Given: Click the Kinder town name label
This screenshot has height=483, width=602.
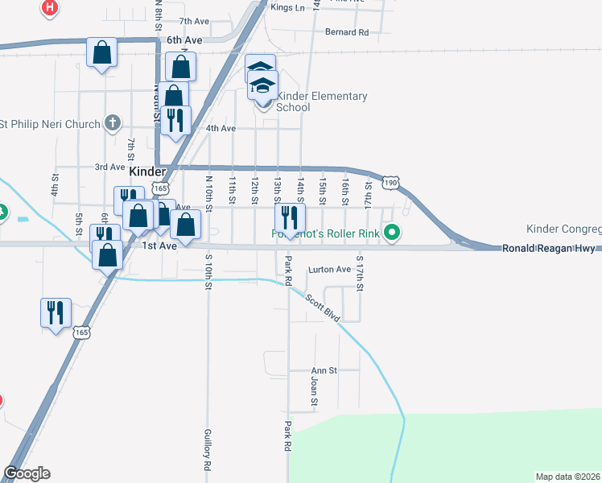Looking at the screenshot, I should (x=147, y=171).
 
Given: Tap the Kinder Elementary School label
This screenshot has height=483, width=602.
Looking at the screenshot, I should (x=321, y=101).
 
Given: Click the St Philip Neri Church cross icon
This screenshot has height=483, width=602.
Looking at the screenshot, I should (x=113, y=124).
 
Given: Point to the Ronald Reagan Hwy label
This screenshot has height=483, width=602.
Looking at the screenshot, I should (x=548, y=249).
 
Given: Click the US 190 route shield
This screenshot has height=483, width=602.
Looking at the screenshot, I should (x=390, y=184).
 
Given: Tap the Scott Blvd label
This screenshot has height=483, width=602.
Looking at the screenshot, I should (x=321, y=307).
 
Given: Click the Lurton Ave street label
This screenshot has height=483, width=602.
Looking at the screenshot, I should (x=331, y=270).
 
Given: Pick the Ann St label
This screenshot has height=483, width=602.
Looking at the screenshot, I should (x=324, y=371).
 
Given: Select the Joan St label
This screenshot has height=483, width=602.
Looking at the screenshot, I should (x=314, y=391).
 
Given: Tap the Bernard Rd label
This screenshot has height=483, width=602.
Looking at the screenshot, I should (x=346, y=33).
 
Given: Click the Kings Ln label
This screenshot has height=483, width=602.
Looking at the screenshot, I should (x=288, y=7).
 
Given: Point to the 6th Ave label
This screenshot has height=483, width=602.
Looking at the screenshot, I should (x=184, y=39).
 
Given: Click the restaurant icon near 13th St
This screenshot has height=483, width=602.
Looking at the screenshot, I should (x=290, y=217).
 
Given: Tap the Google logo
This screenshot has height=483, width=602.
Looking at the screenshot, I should (x=27, y=473).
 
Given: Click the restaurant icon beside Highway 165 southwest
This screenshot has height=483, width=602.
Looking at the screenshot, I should (x=56, y=312).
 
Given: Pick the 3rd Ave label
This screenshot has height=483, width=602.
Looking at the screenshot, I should (x=109, y=167).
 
